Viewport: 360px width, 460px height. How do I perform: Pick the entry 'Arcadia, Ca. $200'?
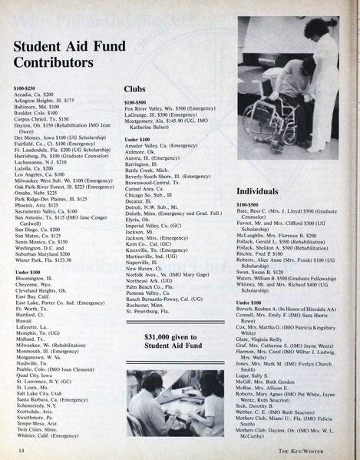click(37, 94)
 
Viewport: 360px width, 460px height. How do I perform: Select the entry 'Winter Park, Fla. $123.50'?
click(43, 260)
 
